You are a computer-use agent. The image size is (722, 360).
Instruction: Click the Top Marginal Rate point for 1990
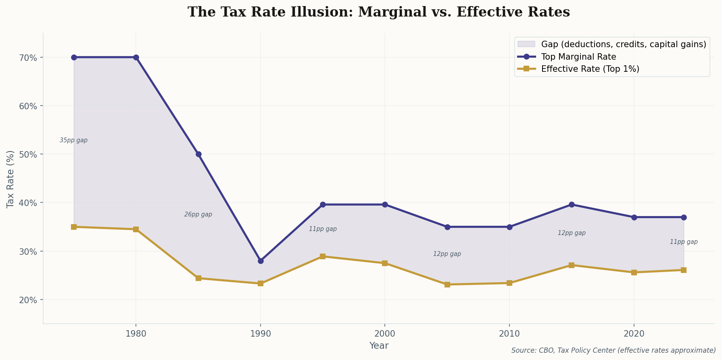[261, 261]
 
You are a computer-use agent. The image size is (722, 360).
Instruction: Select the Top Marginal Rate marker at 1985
[198, 154]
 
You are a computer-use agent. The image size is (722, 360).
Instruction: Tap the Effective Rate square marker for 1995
[323, 256]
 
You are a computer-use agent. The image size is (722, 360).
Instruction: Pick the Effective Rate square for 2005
[447, 285]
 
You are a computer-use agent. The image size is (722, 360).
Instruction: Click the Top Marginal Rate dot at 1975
[74, 57]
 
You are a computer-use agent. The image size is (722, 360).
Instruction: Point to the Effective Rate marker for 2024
[684, 270]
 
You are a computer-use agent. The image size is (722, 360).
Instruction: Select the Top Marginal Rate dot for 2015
[572, 205]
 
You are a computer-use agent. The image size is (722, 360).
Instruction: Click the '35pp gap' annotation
[73, 141]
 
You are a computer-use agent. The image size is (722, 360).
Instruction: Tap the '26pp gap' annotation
[198, 215]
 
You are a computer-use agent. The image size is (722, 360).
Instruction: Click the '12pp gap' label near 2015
[572, 233]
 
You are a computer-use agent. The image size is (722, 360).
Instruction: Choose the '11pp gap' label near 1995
[323, 229]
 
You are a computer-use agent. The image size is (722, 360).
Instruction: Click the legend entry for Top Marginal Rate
[578, 57]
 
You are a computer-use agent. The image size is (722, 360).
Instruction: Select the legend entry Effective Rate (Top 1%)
[590, 69]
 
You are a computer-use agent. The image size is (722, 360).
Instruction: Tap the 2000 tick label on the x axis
[385, 334]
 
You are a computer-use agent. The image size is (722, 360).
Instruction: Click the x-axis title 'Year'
[379, 346]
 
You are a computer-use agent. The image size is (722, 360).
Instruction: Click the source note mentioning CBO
[613, 351]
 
